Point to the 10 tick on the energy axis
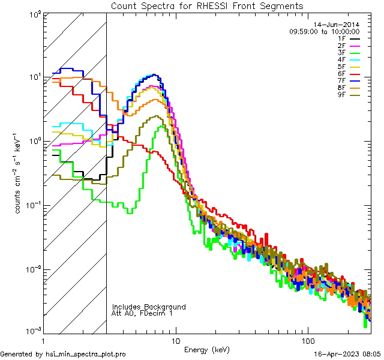coord(175,340)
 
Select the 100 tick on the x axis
coord(307,340)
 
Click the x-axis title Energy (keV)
coord(207,349)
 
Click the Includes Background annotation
coord(149,307)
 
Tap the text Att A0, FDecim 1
coord(142,313)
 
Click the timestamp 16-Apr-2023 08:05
coord(347,355)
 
